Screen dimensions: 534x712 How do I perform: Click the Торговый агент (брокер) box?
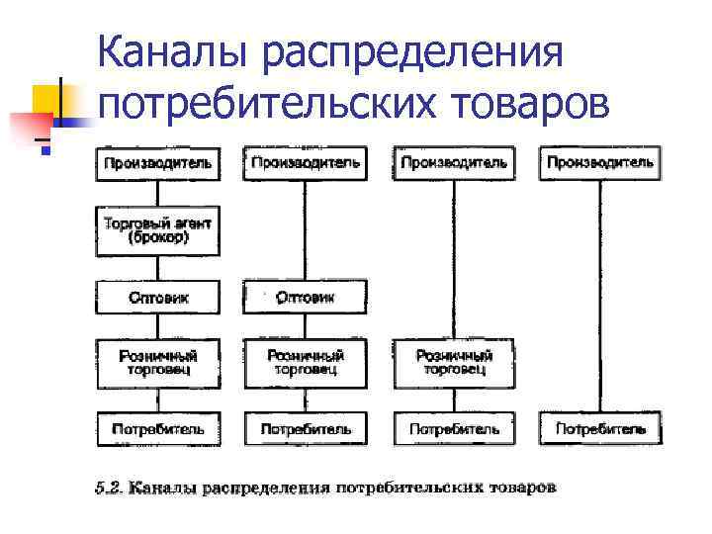click(x=158, y=230)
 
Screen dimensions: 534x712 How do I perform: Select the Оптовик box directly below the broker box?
click(x=158, y=297)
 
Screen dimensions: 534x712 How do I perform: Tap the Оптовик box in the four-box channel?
click(x=305, y=297)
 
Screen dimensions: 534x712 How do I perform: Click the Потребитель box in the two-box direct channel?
click(x=600, y=429)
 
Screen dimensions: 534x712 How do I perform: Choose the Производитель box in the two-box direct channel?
click(x=600, y=163)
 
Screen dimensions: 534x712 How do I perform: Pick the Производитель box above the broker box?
click(x=158, y=163)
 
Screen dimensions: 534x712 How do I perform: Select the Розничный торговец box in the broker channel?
click(x=158, y=363)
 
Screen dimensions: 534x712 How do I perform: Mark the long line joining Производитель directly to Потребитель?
click(x=600, y=297)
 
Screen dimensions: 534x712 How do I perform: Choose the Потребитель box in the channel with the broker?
click(x=158, y=429)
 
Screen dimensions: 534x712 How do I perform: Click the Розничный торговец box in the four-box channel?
click(x=305, y=363)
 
